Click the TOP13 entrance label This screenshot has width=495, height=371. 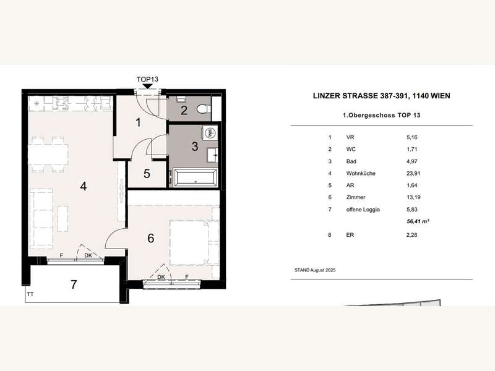click(x=147, y=80)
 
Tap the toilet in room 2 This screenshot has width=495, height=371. click(x=202, y=110)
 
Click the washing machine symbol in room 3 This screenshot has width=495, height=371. click(x=209, y=133)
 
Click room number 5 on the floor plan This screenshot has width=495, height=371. click(x=147, y=174)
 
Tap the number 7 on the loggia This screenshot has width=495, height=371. click(x=74, y=285)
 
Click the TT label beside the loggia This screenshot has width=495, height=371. click(x=30, y=295)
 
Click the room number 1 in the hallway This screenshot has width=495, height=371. click(x=139, y=122)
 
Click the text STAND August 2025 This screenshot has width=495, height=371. click(x=317, y=270)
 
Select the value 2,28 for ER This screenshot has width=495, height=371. click(x=410, y=235)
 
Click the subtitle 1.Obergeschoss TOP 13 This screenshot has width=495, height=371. click(x=382, y=116)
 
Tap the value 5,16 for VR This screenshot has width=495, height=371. click(x=410, y=138)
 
